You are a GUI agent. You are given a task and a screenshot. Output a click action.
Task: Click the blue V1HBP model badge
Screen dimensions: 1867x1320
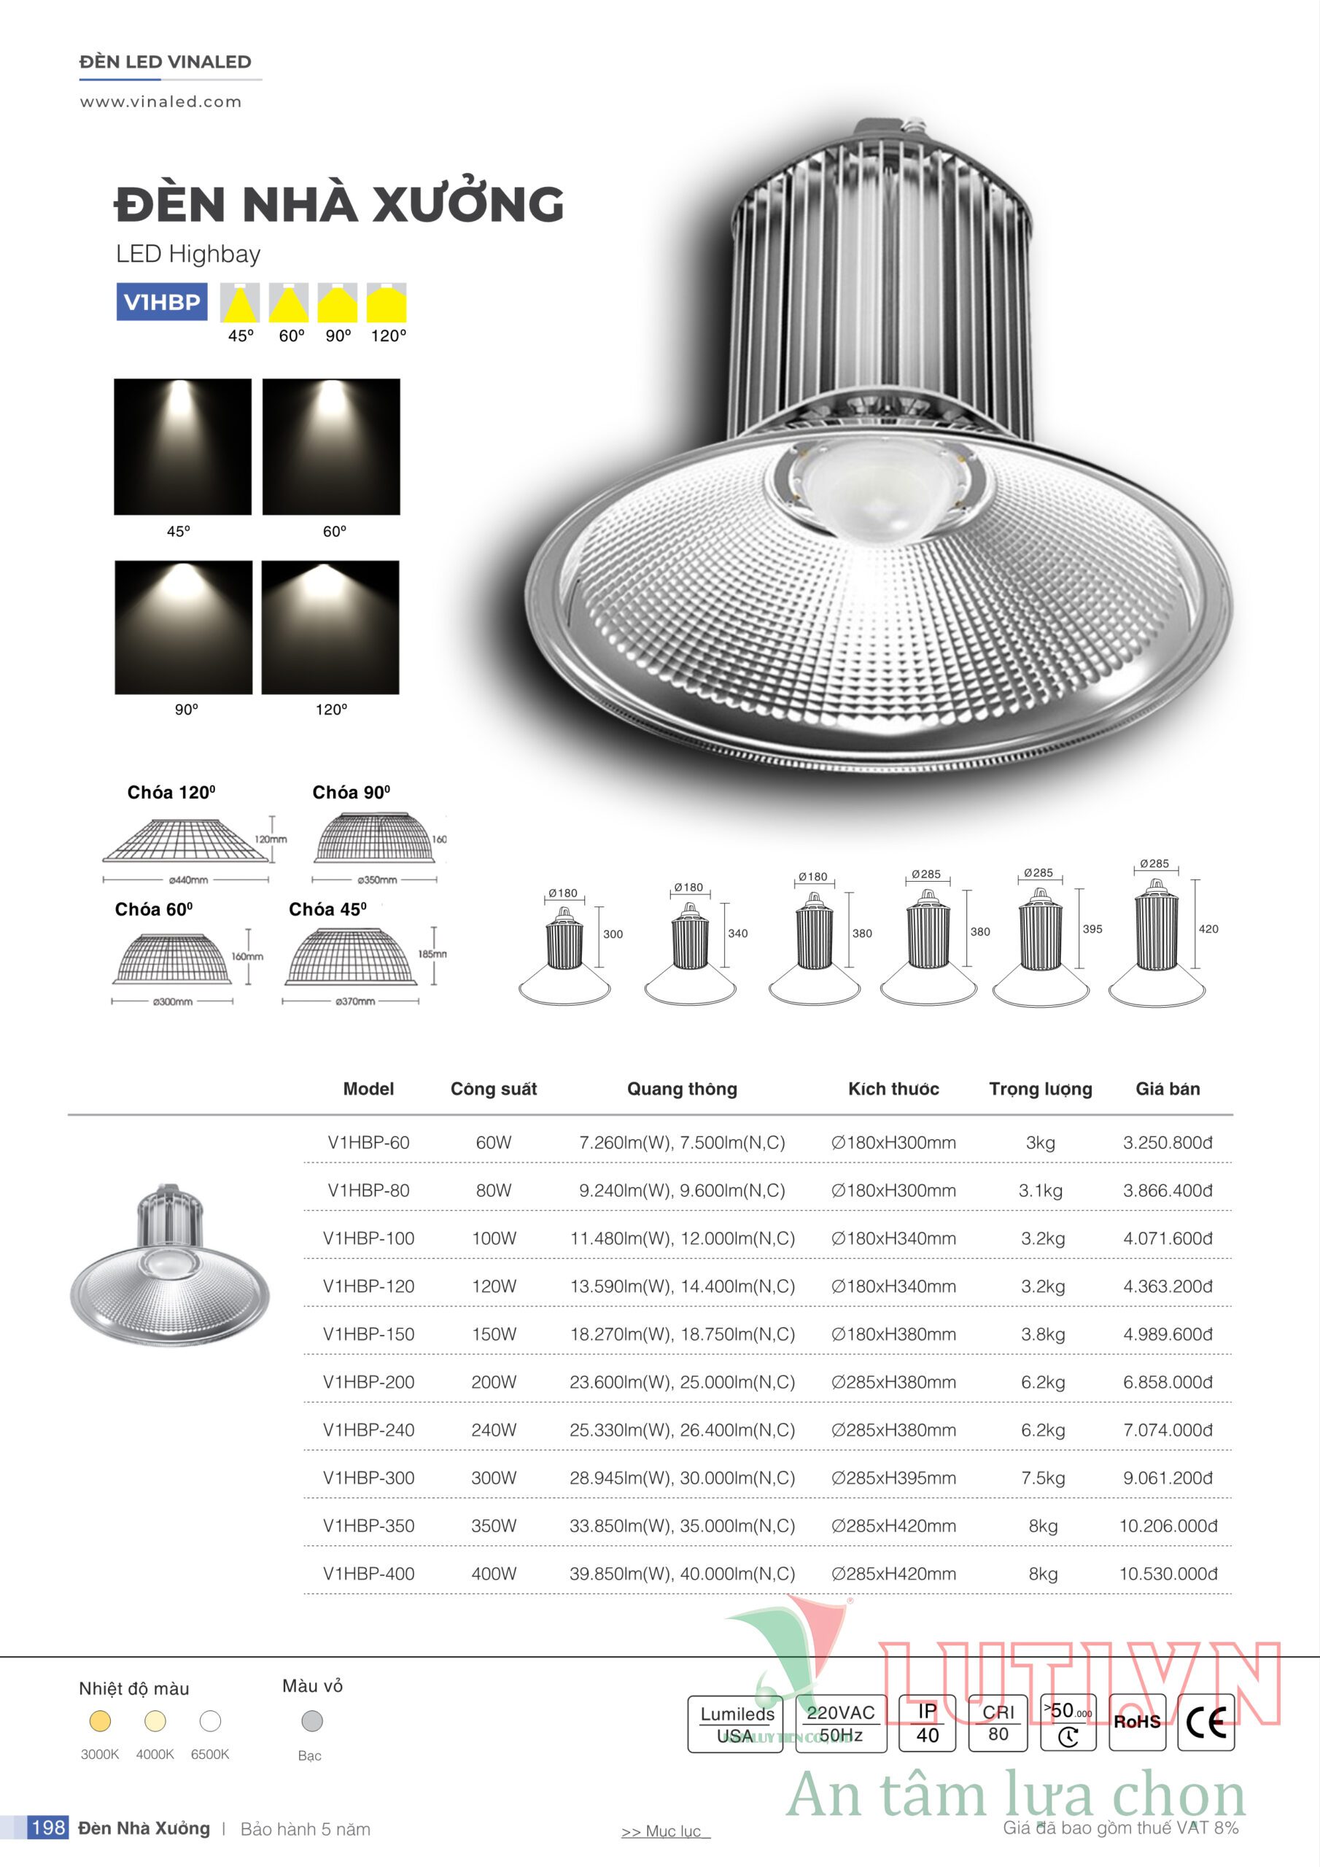162,302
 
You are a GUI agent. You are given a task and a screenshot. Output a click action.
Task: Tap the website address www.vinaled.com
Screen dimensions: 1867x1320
160,101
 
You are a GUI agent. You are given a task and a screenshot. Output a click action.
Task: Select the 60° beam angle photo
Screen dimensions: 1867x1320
331,446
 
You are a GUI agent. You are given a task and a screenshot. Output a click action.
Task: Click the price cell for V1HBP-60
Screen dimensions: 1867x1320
1167,1143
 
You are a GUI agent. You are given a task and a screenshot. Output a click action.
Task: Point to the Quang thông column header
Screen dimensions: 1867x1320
682,1089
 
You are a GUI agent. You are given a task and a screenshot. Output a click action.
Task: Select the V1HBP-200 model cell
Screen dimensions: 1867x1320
368,1381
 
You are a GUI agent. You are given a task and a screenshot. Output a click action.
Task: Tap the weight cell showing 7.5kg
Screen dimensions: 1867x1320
1043,1478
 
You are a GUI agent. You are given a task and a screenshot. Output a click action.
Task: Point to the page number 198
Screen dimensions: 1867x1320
48,1828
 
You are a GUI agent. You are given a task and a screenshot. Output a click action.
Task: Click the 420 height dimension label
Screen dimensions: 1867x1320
1208,928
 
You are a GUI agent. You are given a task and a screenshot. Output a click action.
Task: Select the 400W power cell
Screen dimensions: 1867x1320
494,1573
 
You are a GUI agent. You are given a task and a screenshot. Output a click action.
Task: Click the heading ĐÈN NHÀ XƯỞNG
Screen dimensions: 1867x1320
339,203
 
